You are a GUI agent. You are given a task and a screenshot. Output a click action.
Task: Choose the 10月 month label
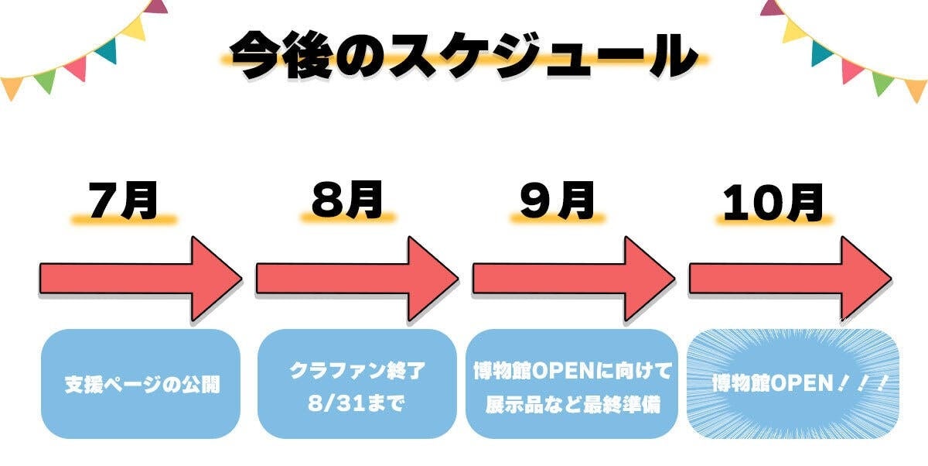point(773,203)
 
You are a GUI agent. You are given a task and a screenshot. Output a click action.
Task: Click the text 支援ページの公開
point(141,384)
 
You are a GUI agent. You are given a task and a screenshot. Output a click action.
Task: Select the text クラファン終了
point(357,371)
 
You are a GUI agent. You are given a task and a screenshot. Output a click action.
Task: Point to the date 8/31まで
point(357,404)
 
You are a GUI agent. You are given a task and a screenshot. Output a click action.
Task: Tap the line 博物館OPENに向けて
point(572,371)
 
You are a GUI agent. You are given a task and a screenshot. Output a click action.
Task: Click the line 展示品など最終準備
point(572,404)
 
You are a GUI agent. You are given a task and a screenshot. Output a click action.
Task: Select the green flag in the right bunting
point(882,81)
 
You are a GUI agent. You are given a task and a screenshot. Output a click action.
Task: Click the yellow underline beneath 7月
point(124,220)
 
